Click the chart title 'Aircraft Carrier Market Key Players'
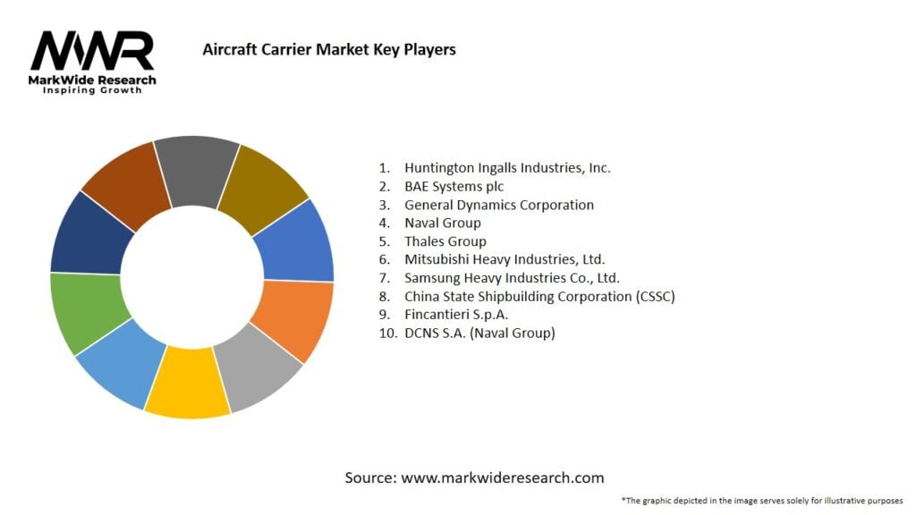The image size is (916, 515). (329, 49)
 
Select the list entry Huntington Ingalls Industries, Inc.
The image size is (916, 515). (507, 167)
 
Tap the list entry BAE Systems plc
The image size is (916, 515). (454, 186)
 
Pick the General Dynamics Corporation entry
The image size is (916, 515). (498, 205)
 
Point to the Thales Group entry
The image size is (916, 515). (445, 241)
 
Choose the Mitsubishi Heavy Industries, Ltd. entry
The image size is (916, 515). (505, 259)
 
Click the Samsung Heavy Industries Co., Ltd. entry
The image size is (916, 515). (512, 278)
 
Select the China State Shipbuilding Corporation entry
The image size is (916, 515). (539, 296)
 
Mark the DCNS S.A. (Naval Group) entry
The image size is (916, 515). (479, 333)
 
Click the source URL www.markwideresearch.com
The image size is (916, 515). (502, 477)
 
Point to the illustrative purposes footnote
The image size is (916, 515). (762, 500)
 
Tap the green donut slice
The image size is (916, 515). (85, 313)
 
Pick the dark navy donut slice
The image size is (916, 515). (91, 234)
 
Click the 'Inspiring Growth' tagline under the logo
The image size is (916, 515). (92, 90)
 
